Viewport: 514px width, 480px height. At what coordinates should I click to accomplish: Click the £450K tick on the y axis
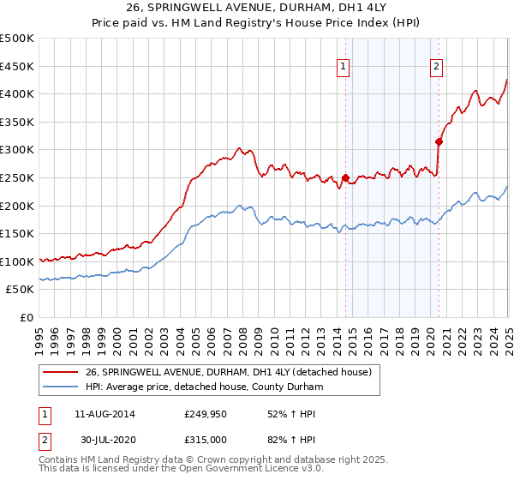(17, 66)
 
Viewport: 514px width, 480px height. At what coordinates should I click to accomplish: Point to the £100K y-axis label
(17, 261)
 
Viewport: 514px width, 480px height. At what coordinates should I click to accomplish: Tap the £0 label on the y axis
(26, 317)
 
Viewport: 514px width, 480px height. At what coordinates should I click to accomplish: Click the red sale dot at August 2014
(345, 178)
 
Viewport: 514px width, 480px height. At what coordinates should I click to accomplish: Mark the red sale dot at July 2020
(439, 142)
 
